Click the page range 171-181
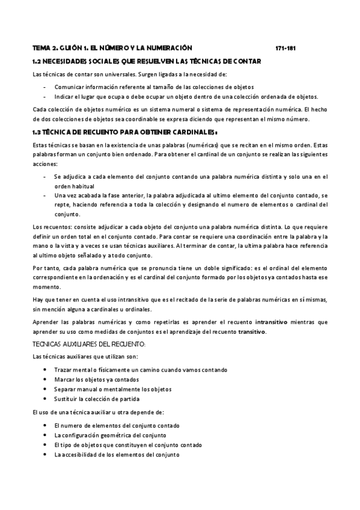(284, 48)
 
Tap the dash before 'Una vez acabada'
(46, 195)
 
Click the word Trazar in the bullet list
(62, 370)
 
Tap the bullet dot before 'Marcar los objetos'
(46, 379)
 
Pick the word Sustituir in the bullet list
(66, 399)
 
